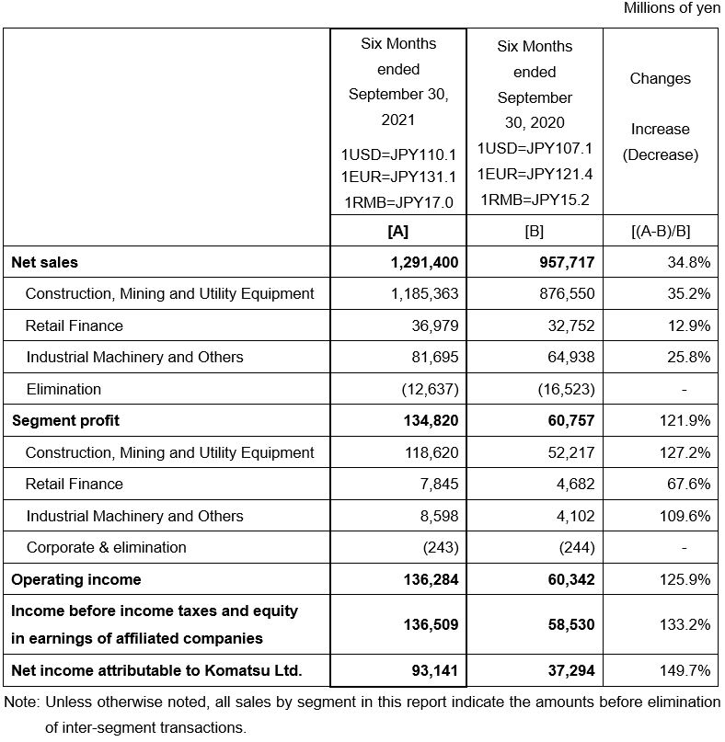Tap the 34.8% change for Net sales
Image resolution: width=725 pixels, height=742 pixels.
click(x=688, y=262)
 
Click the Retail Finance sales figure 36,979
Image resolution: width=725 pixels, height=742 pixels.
click(x=430, y=325)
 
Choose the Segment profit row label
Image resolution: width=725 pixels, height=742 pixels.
click(x=65, y=420)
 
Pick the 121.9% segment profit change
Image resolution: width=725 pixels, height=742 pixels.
click(x=685, y=420)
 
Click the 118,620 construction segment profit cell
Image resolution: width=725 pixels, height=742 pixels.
click(x=426, y=452)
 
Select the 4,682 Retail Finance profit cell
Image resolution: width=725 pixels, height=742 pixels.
click(x=576, y=484)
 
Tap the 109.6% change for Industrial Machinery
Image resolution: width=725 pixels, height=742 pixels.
click(x=685, y=516)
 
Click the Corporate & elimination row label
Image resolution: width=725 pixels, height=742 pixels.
click(x=107, y=547)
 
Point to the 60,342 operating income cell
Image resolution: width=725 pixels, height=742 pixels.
click(x=566, y=579)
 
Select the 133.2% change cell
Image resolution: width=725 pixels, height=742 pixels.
click(x=685, y=624)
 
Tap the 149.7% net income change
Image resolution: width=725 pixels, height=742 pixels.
click(x=685, y=670)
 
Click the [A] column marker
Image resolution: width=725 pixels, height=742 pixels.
click(x=398, y=232)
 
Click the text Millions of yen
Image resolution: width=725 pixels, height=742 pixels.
click(x=673, y=8)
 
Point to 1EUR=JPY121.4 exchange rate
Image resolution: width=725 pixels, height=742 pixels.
click(x=535, y=174)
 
